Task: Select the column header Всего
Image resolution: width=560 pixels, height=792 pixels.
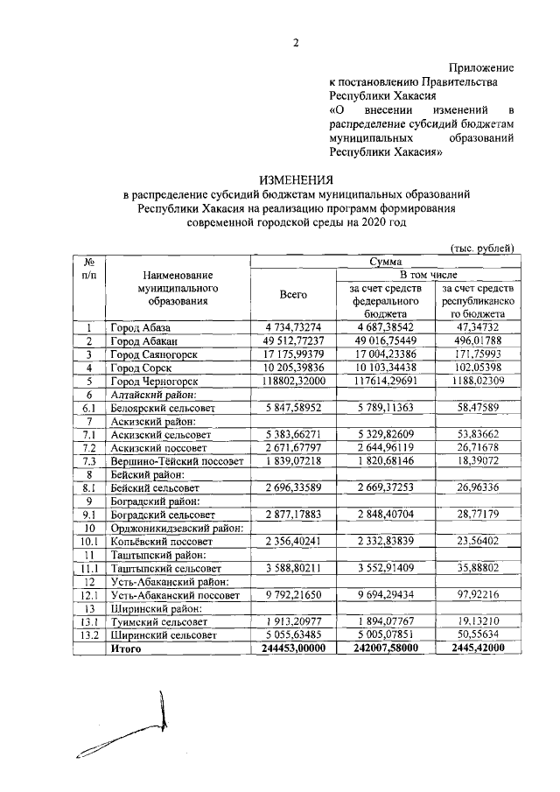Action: (293, 296)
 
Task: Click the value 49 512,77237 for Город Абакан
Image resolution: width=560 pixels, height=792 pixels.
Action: (294, 340)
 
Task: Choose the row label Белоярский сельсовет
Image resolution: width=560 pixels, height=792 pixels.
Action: (163, 408)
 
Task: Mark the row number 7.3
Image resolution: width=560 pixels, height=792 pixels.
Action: (88, 460)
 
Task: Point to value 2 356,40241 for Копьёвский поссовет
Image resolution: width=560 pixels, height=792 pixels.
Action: (294, 541)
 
